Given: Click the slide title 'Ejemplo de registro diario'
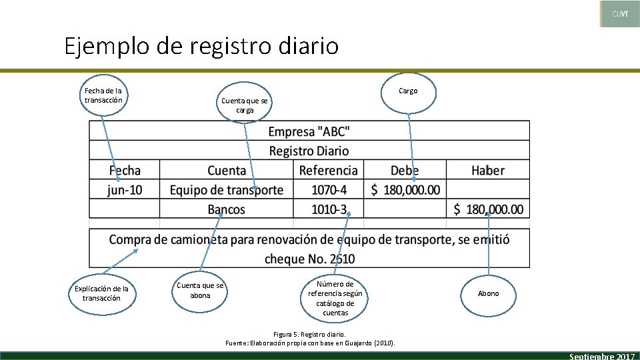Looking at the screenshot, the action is click(201, 47).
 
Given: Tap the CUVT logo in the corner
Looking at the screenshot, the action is click(620, 14).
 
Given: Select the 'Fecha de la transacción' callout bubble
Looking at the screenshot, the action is click(103, 95).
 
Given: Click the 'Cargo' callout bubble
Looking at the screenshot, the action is click(407, 91).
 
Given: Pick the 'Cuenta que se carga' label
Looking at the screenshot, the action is click(245, 105).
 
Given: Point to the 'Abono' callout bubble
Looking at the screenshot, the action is click(488, 293).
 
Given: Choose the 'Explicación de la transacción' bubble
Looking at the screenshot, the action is click(101, 293).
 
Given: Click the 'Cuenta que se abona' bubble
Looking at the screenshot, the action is click(200, 291).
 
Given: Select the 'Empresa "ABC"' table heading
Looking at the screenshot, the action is click(309, 131).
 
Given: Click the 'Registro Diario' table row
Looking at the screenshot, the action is click(309, 151).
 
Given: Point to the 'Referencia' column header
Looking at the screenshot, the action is click(328, 171).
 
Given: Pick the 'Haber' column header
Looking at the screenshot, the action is click(487, 171).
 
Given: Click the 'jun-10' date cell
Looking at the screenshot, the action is click(125, 190).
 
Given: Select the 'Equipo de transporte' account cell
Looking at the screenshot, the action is click(227, 190).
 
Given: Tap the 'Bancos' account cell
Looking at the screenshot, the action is click(227, 209).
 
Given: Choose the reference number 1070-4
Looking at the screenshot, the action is click(329, 190).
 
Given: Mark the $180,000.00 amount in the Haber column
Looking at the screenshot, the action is click(488, 209).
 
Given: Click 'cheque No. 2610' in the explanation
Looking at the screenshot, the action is click(309, 259).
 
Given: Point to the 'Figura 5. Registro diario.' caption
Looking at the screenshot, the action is click(310, 334).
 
